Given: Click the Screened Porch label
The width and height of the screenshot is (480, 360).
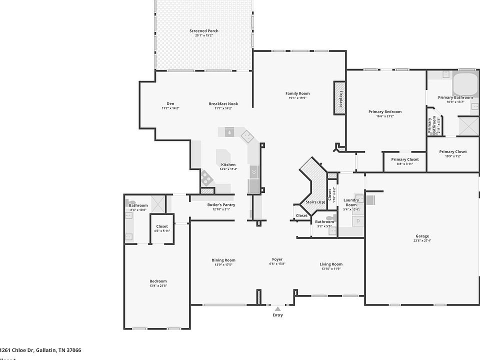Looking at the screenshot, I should [204, 31].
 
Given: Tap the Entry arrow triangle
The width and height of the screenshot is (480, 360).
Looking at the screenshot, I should [277, 309].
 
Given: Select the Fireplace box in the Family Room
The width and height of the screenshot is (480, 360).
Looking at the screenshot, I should [340, 98].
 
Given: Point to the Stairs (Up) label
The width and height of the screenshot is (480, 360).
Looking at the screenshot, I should [315, 202].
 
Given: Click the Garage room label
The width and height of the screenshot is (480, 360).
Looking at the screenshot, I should [422, 236].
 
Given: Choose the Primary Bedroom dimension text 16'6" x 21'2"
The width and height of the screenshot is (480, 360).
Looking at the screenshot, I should [384, 116].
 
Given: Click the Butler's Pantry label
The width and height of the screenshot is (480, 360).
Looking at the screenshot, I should [221, 205].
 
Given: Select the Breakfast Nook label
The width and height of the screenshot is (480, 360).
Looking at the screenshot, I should [223, 104].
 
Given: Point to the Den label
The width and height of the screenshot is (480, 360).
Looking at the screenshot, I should [170, 104].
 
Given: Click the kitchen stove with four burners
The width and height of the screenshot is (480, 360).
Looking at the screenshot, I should [206, 176].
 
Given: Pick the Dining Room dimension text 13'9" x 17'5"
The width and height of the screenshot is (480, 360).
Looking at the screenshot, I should [223, 264].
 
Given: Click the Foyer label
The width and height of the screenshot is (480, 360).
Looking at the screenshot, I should [277, 259].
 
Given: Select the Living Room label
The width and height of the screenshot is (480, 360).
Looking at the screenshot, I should [331, 264].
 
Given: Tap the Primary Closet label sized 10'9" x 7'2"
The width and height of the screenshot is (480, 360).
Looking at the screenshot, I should [453, 152].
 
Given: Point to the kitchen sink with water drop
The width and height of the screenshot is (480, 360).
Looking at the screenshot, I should [228, 133].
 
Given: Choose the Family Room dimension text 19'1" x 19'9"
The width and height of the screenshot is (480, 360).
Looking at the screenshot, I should [297, 98].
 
